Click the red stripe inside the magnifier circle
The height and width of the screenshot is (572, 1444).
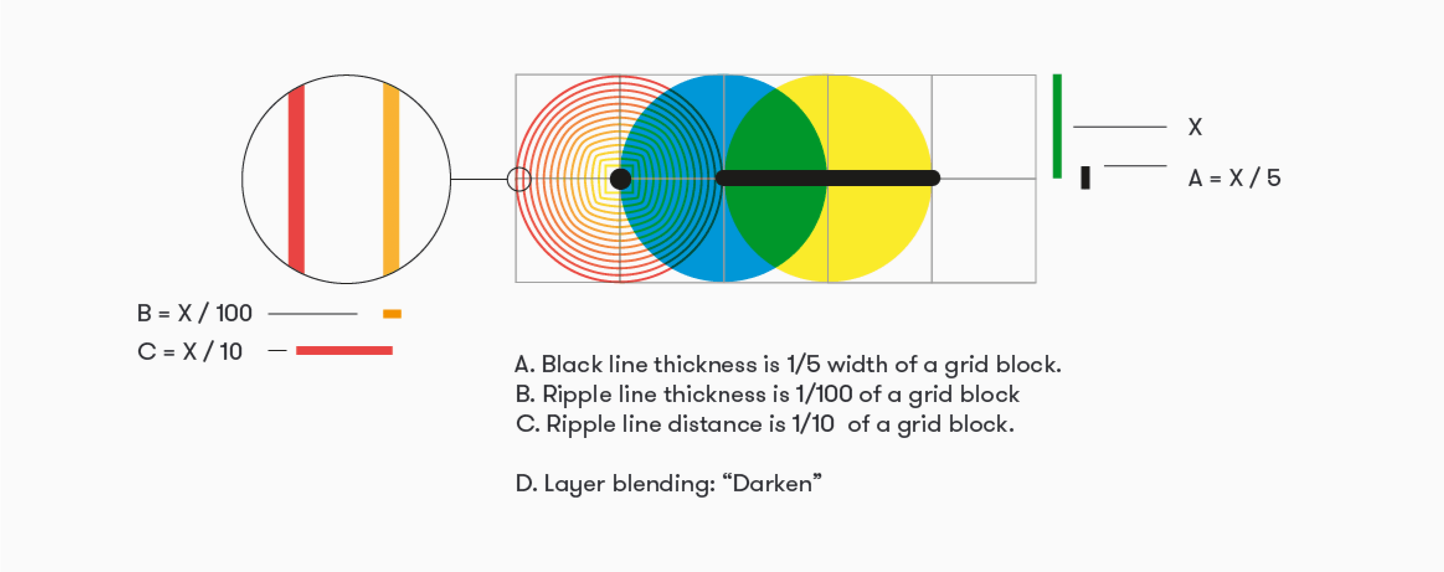click(296, 179)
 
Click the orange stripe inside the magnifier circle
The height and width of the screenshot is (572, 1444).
click(391, 179)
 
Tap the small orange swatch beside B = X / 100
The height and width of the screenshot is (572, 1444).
click(392, 314)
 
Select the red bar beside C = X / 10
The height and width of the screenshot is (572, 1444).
click(344, 351)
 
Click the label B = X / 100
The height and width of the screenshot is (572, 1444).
click(194, 313)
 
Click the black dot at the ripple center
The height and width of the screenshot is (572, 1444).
click(621, 179)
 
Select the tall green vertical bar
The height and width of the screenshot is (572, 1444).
click(1057, 126)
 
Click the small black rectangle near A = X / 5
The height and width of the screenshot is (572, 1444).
click(1085, 177)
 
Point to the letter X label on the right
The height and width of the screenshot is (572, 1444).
click(1195, 127)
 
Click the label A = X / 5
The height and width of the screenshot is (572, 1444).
click(1234, 178)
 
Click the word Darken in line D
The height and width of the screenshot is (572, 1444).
click(772, 483)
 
